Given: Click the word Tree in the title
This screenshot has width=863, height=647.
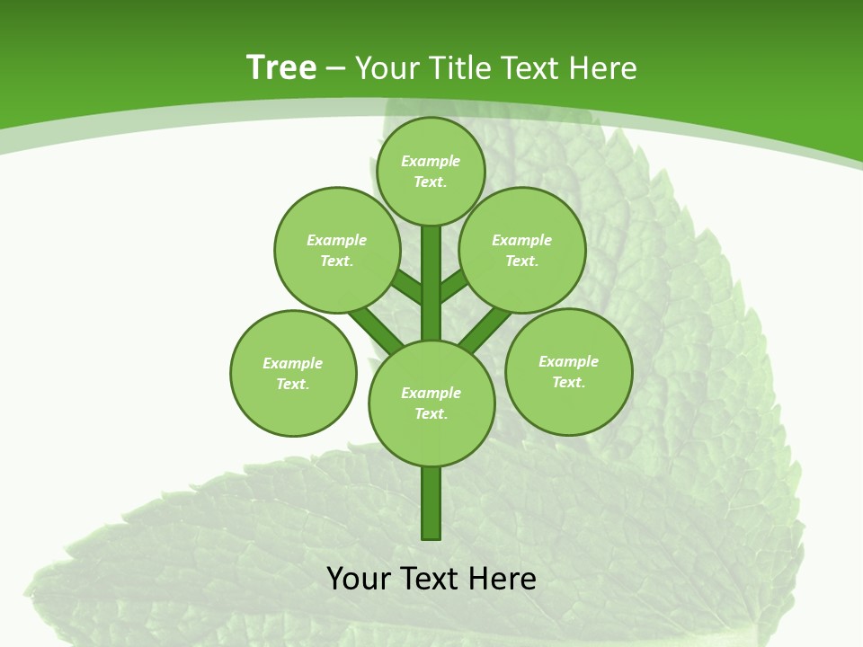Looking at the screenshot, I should pos(281,67).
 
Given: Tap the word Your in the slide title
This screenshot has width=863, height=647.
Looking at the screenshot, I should pos(388,67).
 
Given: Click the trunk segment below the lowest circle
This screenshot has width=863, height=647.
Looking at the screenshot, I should pos(431,503).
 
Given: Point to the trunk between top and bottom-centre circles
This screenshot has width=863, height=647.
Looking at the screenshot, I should pos(431,283).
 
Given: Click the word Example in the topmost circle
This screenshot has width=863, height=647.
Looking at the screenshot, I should pos(431,161).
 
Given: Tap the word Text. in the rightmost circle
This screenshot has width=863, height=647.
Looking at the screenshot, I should pos(568,382).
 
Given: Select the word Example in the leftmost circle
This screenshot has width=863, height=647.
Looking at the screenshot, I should pos(292,363).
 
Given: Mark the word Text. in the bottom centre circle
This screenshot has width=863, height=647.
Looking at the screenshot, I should pos(431,413).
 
